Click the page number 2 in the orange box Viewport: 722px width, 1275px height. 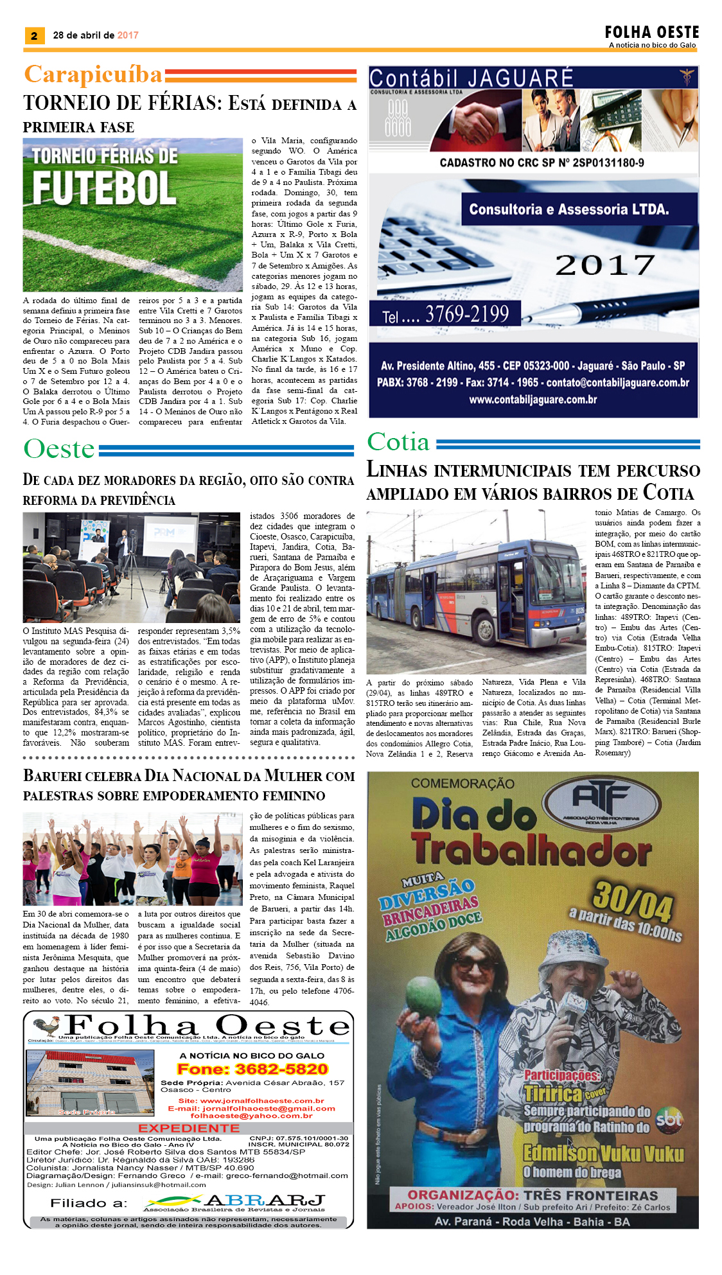coord(34,36)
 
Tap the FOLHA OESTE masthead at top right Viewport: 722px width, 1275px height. coord(651,32)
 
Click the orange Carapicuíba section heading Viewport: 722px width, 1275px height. coord(93,75)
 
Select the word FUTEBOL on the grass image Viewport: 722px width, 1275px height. coord(104,188)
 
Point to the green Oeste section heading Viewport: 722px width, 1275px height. coord(59,449)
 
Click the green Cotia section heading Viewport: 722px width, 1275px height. coord(398,442)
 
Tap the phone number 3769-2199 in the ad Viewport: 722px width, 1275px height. coord(466,314)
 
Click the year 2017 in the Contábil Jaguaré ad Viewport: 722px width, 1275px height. coord(604,265)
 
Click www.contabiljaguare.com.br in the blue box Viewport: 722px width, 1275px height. coord(533,400)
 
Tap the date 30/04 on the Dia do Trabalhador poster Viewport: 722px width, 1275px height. coord(632,900)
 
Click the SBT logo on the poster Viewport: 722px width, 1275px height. coord(669,1120)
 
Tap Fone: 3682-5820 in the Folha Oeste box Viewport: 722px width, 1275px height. coord(252,1069)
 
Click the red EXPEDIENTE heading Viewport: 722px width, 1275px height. coord(189,1128)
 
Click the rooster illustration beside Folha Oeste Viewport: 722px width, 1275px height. coord(46,1026)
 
